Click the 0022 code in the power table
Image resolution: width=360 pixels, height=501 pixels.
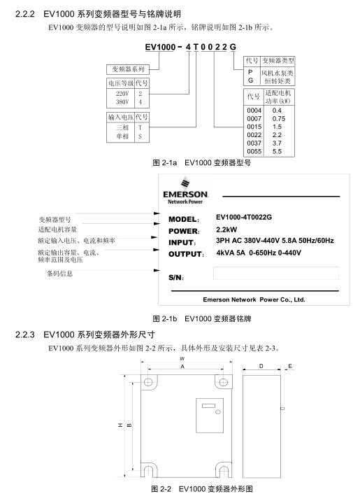tap(254, 135)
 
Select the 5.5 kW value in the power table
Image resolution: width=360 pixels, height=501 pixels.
tap(277, 151)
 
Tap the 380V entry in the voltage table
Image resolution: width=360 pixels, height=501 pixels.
tap(122, 102)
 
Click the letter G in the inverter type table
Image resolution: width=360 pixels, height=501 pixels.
tap(250, 80)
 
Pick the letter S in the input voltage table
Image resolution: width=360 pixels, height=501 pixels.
tap(140, 136)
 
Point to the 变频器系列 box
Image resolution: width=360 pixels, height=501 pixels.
tap(128, 69)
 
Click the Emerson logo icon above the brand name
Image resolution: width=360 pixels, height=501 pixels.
tap(185, 183)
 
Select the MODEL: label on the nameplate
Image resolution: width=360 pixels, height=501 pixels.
tap(184, 219)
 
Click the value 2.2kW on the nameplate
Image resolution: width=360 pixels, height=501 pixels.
tap(226, 230)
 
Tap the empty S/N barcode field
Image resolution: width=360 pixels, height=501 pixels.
tap(275, 273)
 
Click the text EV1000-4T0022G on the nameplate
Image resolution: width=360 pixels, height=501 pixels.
tap(244, 218)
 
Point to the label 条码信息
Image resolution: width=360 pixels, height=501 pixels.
tap(60, 274)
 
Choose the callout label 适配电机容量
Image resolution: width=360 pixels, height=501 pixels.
tap(57, 230)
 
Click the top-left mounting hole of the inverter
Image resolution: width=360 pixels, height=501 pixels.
tap(148, 382)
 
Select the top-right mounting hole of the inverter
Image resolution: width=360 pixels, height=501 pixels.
tap(224, 382)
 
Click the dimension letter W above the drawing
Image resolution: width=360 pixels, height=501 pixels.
tap(182, 358)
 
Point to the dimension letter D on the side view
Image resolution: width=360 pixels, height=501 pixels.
tap(261, 366)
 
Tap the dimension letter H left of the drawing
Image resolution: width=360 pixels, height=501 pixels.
tap(120, 425)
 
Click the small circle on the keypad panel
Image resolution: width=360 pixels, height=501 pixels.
tap(218, 412)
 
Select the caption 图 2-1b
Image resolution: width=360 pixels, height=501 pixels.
tap(165, 318)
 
